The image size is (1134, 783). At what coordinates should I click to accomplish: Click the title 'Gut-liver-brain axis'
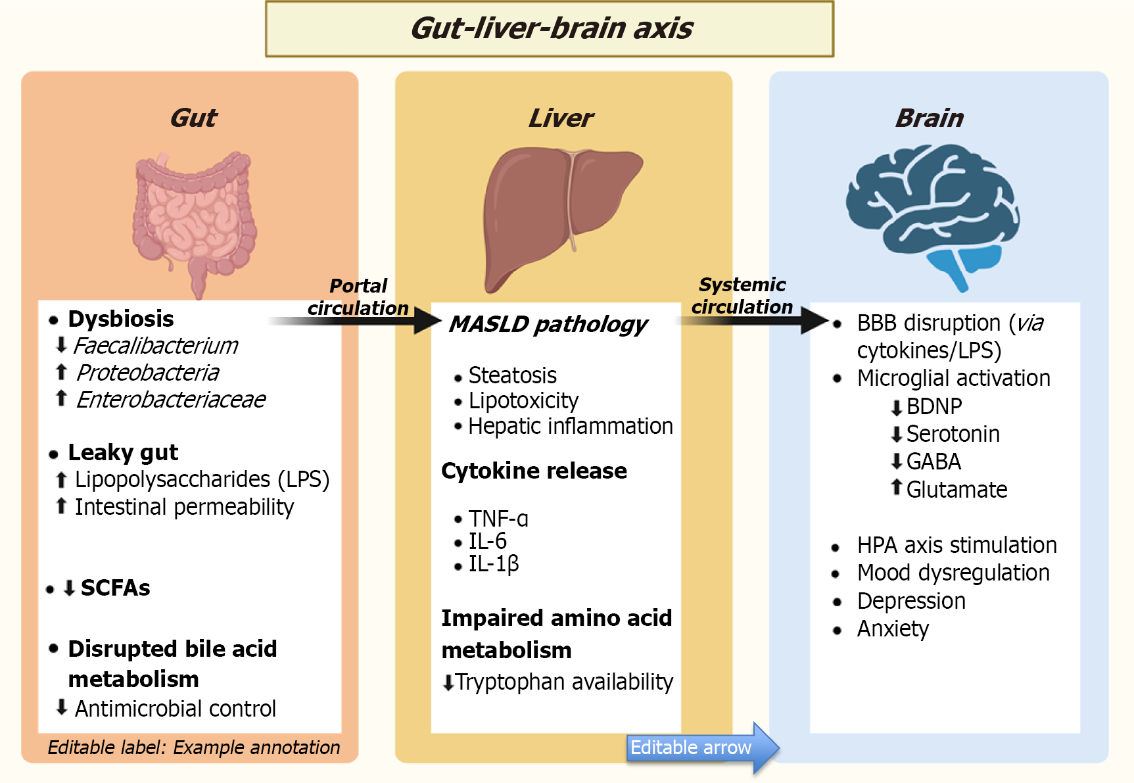tap(551, 28)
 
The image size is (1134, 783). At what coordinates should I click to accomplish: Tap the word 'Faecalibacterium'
tap(155, 346)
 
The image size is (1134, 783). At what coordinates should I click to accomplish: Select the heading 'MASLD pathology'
tap(548, 324)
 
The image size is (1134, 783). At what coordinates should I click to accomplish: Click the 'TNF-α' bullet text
tap(498, 519)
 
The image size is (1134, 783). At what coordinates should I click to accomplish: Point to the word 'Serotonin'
tap(953, 434)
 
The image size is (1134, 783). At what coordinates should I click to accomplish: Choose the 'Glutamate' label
tap(957, 490)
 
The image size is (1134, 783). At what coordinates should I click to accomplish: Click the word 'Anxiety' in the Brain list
tap(893, 629)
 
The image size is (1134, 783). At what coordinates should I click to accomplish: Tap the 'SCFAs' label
tap(115, 588)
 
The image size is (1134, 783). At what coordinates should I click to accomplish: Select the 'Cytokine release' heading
tap(534, 471)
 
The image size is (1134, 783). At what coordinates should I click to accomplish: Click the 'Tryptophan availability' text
tap(564, 682)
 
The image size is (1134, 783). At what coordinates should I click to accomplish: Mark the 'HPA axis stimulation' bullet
tap(957, 545)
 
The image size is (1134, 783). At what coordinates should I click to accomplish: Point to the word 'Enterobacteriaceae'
tap(171, 400)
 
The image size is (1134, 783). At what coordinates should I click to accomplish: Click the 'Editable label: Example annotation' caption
tap(194, 747)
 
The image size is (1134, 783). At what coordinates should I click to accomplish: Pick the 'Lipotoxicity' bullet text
tap(523, 400)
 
